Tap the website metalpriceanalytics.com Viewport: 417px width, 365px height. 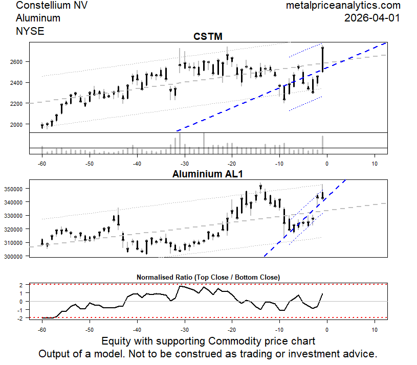pyautogui.click(x=343, y=6)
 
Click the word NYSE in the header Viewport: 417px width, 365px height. pyautogui.click(x=30, y=31)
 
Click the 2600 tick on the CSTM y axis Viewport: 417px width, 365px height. pyautogui.click(x=16, y=61)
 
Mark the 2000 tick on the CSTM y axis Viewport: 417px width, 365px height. pyautogui.click(x=16, y=124)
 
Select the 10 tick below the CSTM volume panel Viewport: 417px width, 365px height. pyautogui.click(x=375, y=164)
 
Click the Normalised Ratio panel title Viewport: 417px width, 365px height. pyautogui.click(x=208, y=277)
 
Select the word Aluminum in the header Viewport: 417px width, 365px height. pyautogui.click(x=38, y=18)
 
